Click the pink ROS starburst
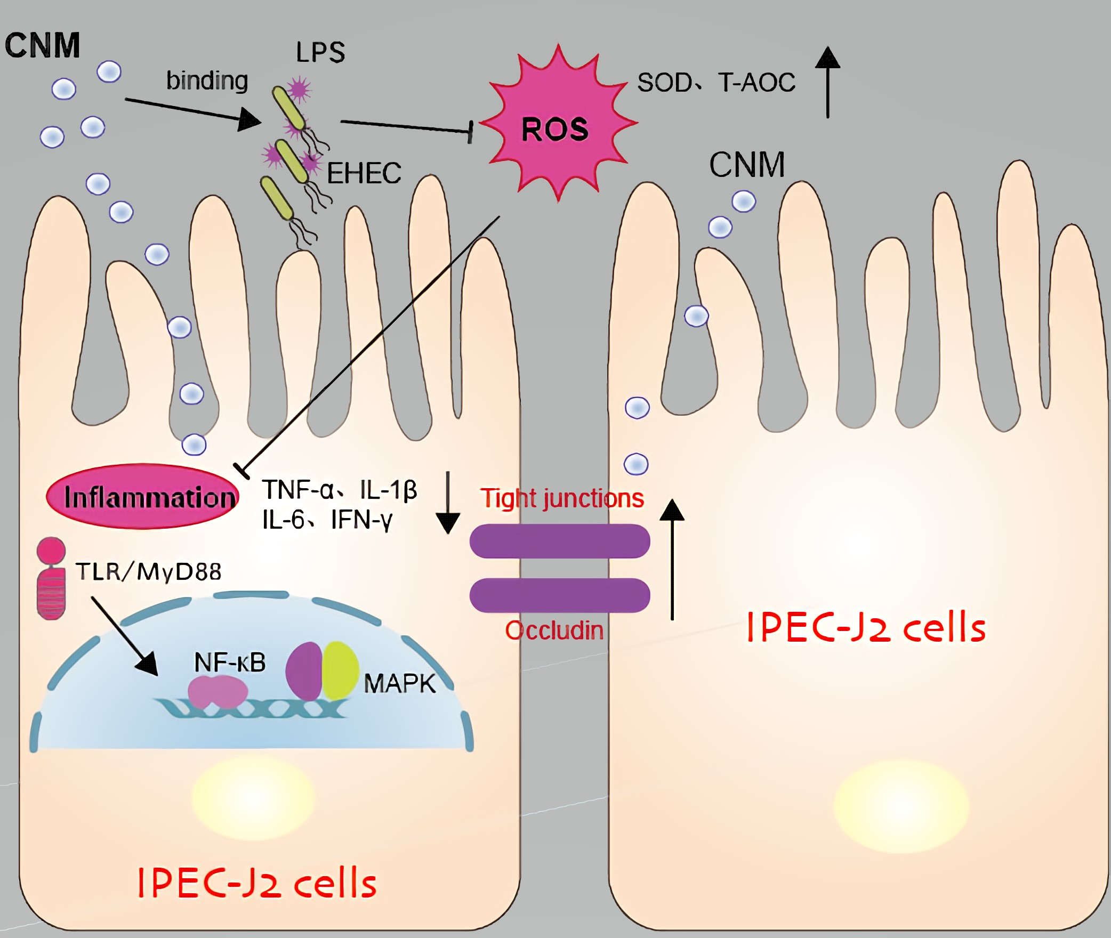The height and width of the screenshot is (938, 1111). tap(557, 125)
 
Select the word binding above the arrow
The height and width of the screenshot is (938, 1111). tap(207, 81)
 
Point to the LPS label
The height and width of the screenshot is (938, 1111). tap(320, 53)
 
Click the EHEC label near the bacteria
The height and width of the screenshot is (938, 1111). tap(364, 173)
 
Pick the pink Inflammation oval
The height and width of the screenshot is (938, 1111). tap(143, 496)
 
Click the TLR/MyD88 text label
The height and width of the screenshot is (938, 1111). tap(148, 572)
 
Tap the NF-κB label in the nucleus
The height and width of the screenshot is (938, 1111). tap(230, 662)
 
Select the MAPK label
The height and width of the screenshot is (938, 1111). tap(399, 683)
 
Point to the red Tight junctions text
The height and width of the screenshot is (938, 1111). tap(562, 498)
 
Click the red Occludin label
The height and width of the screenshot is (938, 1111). tap(554, 630)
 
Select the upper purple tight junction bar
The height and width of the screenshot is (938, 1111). tap(559, 541)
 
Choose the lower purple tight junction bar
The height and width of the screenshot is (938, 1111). tap(559, 595)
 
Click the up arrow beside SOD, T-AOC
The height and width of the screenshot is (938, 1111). tap(827, 83)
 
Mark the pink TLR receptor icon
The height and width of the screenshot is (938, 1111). tap(51, 578)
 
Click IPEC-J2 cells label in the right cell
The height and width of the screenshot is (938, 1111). tap(866, 627)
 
